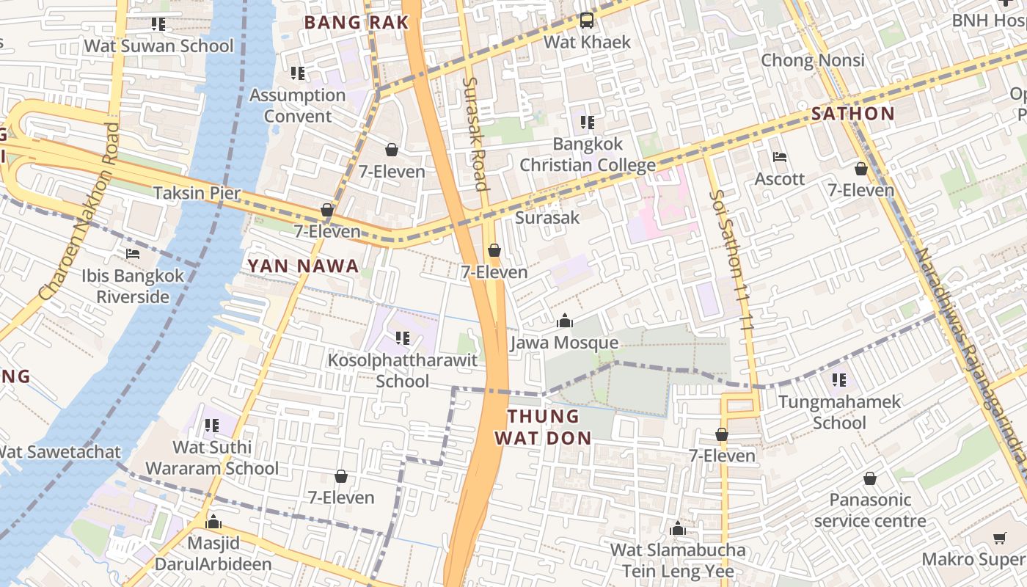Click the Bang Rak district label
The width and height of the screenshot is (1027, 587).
pyautogui.click(x=356, y=23)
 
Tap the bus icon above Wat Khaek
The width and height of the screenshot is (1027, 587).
pyautogui.click(x=587, y=21)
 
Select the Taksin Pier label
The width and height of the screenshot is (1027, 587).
pyautogui.click(x=197, y=193)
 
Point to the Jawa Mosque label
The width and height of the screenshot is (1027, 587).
pyautogui.click(x=564, y=343)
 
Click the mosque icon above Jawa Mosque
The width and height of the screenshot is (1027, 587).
pyautogui.click(x=564, y=321)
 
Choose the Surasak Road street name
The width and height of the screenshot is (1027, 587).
pyautogui.click(x=475, y=134)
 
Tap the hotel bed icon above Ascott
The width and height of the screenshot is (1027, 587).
pyautogui.click(x=780, y=157)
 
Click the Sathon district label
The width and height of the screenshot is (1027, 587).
pyautogui.click(x=853, y=114)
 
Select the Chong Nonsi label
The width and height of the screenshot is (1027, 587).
pyautogui.click(x=813, y=60)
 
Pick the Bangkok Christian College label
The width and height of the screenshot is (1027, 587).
pyautogui.click(x=587, y=154)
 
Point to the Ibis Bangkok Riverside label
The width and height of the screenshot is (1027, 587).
pyautogui.click(x=133, y=286)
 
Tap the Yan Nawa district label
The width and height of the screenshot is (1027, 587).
pyautogui.click(x=303, y=266)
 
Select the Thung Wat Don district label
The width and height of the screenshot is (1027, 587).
pyautogui.click(x=543, y=427)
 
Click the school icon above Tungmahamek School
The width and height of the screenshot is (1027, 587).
pyautogui.click(x=839, y=380)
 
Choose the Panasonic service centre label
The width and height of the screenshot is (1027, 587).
pyautogui.click(x=870, y=510)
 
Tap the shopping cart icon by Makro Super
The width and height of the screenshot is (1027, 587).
pyautogui.click(x=999, y=539)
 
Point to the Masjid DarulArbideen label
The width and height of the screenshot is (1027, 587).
pyautogui.click(x=214, y=554)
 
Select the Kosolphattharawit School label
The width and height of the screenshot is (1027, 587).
pyautogui.click(x=403, y=371)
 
